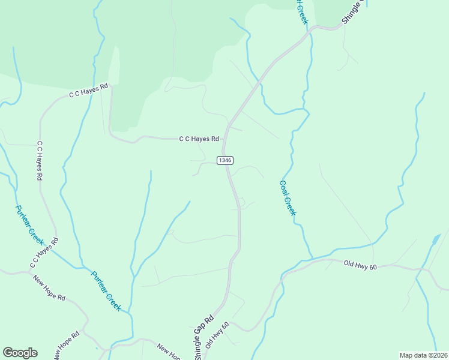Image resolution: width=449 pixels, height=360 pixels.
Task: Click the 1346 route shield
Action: [x=225, y=160]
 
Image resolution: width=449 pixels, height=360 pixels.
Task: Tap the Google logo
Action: [x=20, y=353]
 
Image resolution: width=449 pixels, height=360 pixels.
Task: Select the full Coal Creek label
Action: [x=288, y=199]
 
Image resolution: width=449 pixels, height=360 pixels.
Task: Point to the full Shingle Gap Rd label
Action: [x=204, y=338]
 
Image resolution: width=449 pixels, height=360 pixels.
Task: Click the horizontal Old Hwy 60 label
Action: [x=360, y=264]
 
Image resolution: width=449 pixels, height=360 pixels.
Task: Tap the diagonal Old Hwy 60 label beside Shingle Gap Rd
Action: [x=217, y=335]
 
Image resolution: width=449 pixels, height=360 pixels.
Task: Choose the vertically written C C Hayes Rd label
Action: [x=40, y=161]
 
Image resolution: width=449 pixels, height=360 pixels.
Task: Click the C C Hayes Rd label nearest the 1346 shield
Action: [x=199, y=139]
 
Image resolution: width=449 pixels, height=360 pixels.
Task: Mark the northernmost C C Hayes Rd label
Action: [x=88, y=90]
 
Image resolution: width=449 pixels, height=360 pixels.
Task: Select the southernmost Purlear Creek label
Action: [x=106, y=291]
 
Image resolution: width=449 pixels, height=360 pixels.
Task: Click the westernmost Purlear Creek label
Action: [x=29, y=224]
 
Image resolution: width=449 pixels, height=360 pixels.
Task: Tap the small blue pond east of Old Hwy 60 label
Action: [x=434, y=242]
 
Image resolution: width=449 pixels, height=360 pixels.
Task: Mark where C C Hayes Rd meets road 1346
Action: [x=223, y=139]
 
